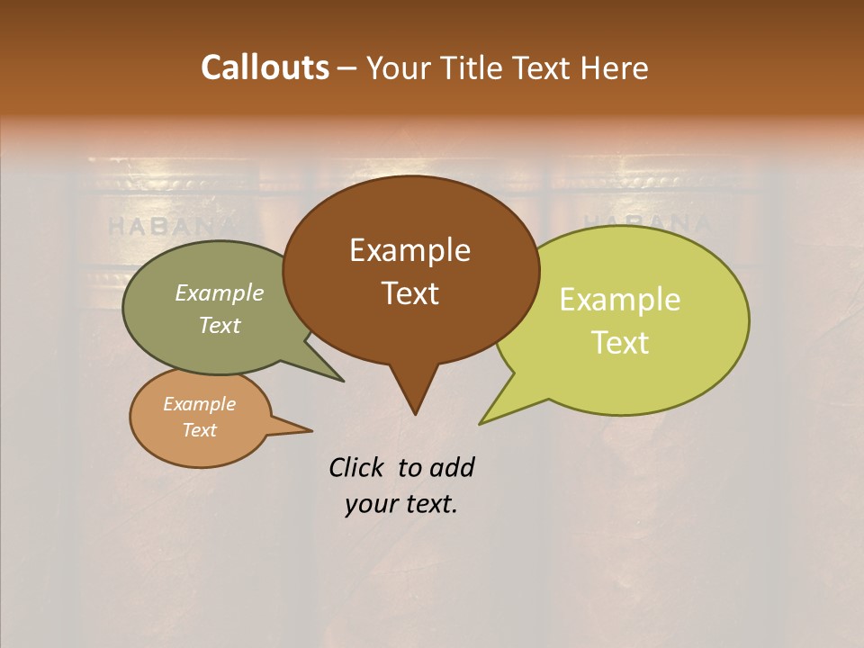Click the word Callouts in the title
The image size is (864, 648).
tap(265, 67)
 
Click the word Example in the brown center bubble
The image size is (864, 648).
tap(409, 250)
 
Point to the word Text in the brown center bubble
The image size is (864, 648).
tap(409, 293)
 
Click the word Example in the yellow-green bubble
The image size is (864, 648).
tap(620, 300)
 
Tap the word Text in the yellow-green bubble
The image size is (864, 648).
tap(620, 343)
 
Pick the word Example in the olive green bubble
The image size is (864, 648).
tap(220, 292)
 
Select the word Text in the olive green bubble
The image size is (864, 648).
tap(220, 325)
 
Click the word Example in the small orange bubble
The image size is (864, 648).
tap(199, 404)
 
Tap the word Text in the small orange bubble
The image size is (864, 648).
tap(199, 430)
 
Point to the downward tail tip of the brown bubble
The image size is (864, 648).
tap(415, 414)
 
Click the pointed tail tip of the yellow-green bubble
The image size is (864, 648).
tap(480, 424)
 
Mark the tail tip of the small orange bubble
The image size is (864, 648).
tap(311, 430)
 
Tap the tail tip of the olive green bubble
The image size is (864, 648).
tap(343, 381)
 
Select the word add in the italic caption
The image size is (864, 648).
tap(451, 467)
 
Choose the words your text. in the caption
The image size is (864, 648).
tap(400, 504)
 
